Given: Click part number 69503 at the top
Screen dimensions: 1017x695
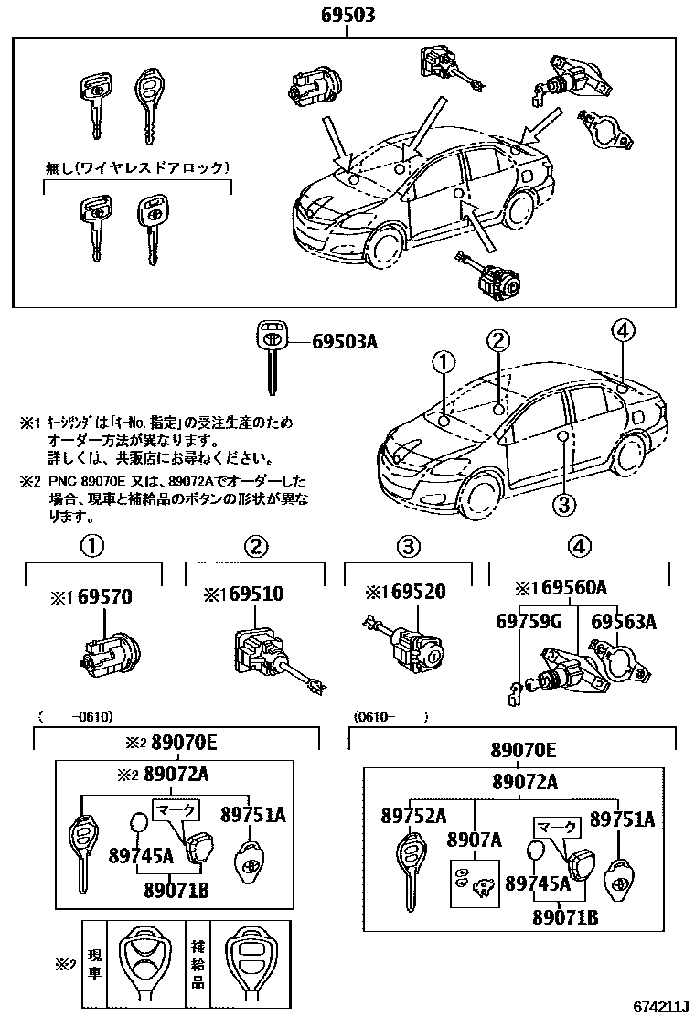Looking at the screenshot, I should tap(347, 16).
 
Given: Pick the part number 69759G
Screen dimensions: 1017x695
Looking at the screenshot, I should tap(529, 623).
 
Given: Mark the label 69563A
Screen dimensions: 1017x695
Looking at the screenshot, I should tap(624, 623).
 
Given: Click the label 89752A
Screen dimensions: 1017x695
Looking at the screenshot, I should tap(413, 817).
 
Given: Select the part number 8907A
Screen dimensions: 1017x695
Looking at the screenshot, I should tap(474, 839).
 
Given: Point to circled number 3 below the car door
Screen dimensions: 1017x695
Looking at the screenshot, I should tap(563, 504).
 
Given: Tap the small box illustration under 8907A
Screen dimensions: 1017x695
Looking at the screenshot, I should tap(474, 881).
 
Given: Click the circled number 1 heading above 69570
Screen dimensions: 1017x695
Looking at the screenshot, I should tap(92, 546).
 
